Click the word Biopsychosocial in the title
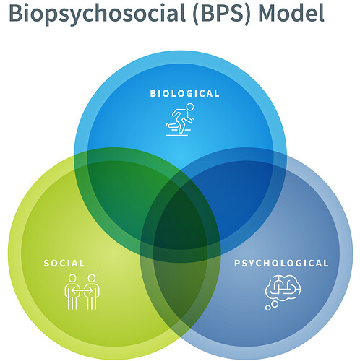[97, 13]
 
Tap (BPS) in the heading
[222, 12]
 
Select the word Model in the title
[291, 12]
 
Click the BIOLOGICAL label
[184, 94]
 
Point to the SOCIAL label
[64, 264]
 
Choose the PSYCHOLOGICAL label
[281, 264]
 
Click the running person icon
[180, 120]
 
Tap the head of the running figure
[190, 107]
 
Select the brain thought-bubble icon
[283, 292]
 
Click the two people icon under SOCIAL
[82, 292]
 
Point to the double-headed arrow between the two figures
[82, 291]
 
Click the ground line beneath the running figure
[177, 135]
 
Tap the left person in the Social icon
[72, 292]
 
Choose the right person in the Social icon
[92, 292]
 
